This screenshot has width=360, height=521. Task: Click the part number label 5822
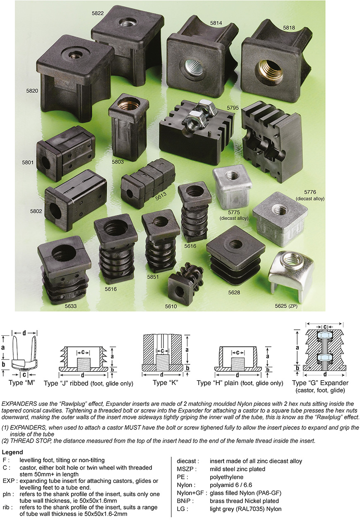98,13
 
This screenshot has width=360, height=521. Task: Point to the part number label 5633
71,307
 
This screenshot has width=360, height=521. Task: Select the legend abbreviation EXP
8,480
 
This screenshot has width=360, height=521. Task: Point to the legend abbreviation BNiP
185,501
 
